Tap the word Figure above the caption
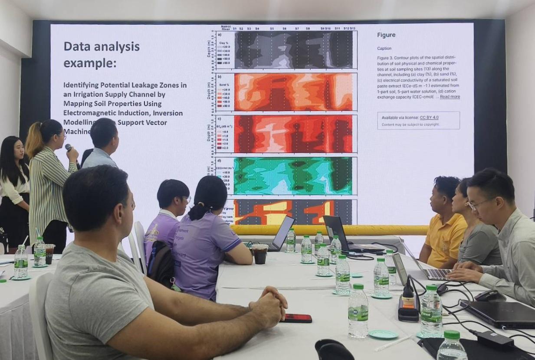[386, 35]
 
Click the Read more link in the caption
[450, 97]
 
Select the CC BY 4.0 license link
[429, 118]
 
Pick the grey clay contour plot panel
[293, 50]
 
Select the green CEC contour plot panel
[292, 176]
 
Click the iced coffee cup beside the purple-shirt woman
[260, 254]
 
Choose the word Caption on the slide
[384, 48]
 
